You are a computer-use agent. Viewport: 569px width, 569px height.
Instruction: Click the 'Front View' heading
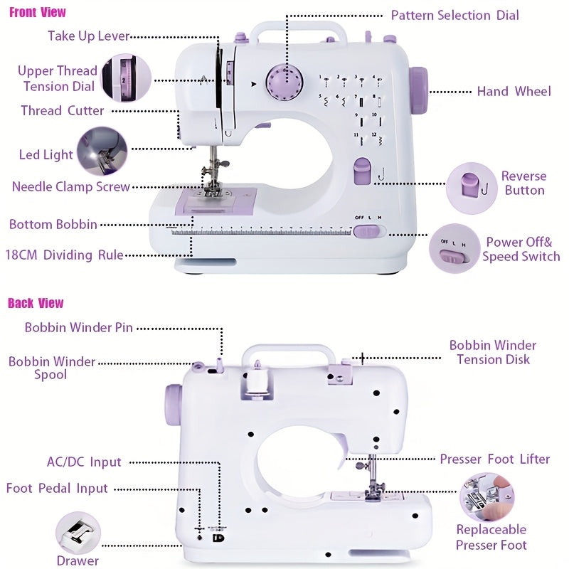[x=37, y=11]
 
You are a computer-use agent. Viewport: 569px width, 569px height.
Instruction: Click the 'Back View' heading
[x=36, y=303]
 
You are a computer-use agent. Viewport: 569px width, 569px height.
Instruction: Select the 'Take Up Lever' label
[x=88, y=36]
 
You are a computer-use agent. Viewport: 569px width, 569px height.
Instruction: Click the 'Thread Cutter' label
[x=62, y=110]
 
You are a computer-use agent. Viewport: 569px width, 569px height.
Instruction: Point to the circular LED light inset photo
[x=102, y=151]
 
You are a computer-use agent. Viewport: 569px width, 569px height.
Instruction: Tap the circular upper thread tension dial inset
[x=126, y=78]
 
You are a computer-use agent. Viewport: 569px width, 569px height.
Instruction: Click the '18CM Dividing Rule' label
[x=64, y=255]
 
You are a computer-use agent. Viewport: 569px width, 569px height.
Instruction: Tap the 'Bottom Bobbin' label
[x=53, y=224]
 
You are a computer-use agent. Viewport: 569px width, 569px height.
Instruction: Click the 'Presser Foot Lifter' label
[x=494, y=459]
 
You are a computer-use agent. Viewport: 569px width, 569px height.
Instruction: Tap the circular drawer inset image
[x=78, y=533]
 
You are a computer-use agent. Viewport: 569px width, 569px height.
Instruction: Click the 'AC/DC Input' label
[x=84, y=462]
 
